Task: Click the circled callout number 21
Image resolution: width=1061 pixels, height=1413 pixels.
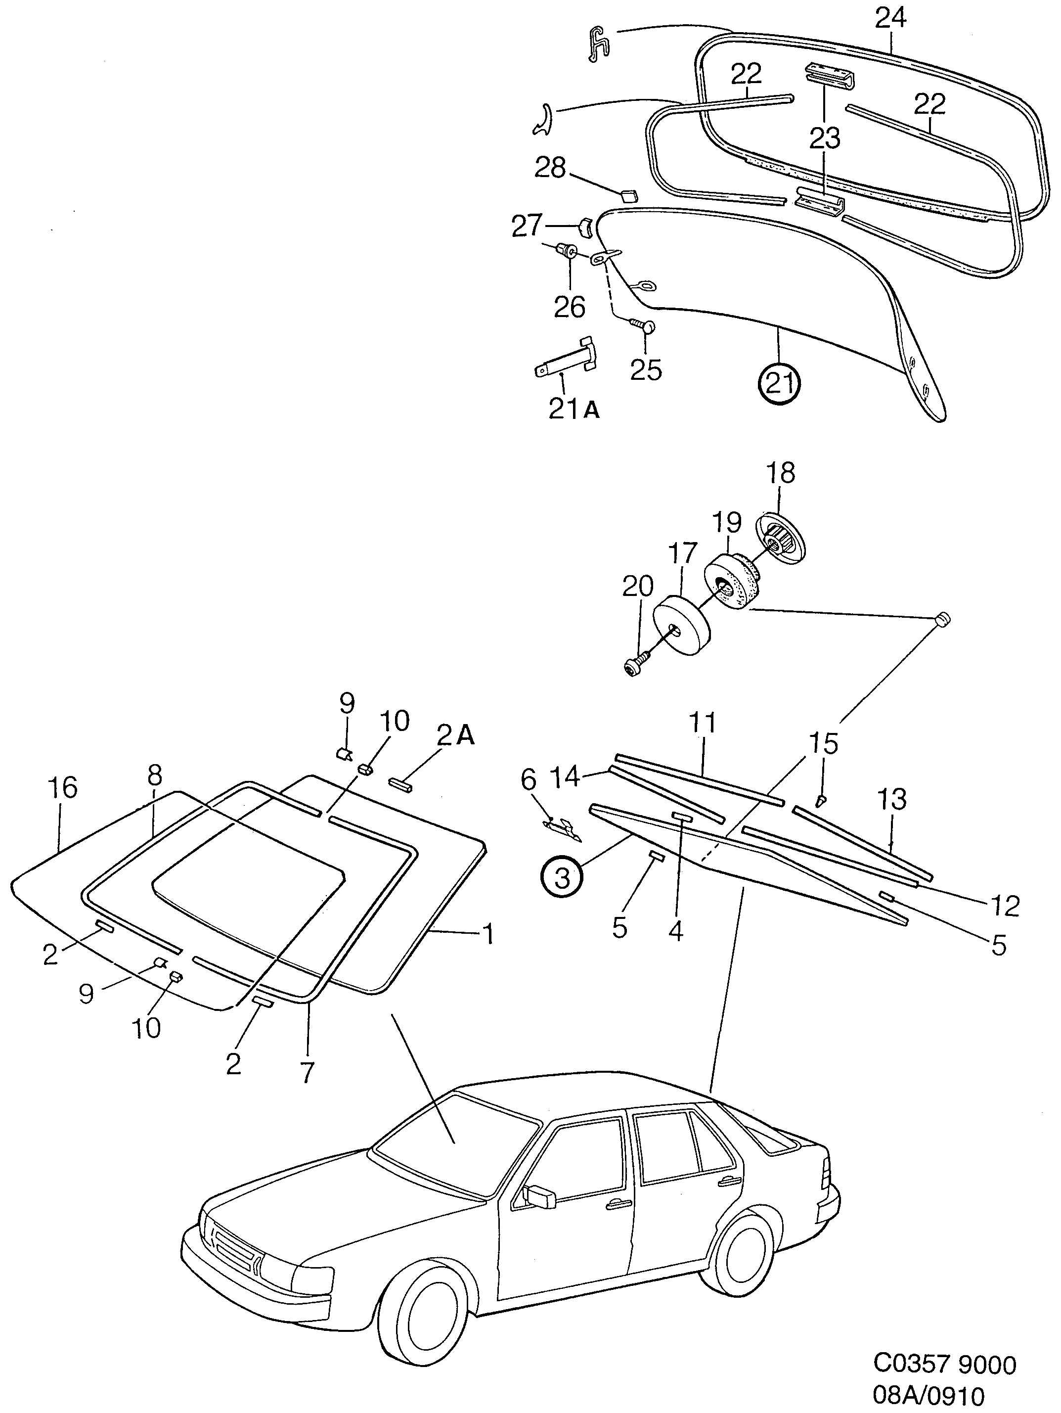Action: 779,384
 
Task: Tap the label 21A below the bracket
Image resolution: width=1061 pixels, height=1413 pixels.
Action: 574,409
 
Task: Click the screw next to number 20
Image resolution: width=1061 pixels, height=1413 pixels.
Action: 636,665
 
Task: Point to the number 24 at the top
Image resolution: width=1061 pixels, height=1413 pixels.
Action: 890,18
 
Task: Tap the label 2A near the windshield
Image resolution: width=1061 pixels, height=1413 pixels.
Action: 456,736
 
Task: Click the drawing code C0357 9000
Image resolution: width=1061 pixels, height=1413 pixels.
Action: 944,1363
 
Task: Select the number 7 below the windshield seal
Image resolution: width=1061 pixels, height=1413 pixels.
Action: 308,1073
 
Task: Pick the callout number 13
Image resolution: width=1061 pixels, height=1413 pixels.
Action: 892,798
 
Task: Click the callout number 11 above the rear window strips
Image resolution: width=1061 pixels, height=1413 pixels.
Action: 703,723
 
